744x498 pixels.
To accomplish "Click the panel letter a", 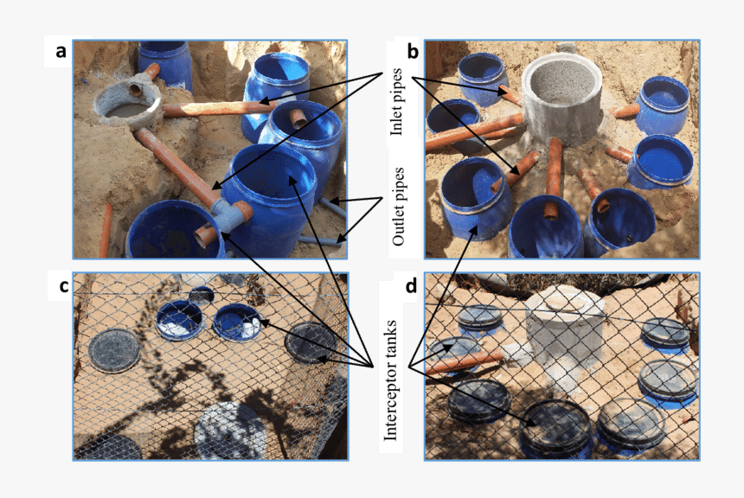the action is click(61, 51).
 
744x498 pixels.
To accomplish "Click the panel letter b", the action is click(413, 51).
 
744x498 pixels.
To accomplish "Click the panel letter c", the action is click(64, 286).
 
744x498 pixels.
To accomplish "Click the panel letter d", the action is click(411, 286).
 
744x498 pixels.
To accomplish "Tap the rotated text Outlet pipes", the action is click(398, 207).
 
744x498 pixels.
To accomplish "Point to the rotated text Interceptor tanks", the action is click(390, 380).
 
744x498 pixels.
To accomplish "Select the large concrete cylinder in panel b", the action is click(561, 100).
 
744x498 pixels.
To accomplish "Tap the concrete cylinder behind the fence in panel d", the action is click(564, 332).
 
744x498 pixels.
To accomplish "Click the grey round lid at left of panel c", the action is click(115, 351).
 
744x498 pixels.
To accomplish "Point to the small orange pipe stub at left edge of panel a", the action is click(106, 230).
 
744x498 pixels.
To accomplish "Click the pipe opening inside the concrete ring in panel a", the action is click(135, 89).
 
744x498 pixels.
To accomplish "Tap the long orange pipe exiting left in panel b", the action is click(474, 132).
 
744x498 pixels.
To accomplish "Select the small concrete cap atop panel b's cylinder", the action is click(567, 48).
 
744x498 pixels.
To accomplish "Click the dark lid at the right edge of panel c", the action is click(311, 342).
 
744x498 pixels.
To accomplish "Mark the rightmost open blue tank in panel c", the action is click(237, 322).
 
